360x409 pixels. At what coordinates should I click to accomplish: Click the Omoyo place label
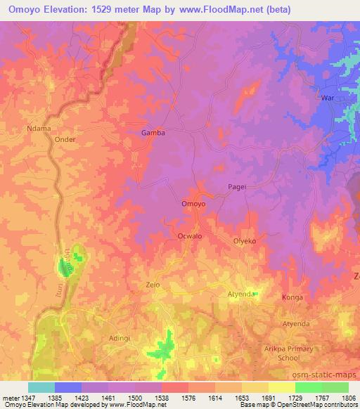pos(193,204)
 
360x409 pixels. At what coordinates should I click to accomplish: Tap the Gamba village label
pos(153,132)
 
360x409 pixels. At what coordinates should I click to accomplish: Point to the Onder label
pos(65,139)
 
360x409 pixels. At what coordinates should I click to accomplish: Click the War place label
pos(328,97)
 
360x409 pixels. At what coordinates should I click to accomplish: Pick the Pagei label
pos(238,186)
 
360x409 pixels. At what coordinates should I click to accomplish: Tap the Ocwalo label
pos(190,236)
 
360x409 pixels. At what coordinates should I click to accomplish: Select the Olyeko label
pos(245,241)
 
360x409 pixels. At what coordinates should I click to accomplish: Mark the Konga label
pos(292,297)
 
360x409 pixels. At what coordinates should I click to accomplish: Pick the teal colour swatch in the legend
pos(41,387)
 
